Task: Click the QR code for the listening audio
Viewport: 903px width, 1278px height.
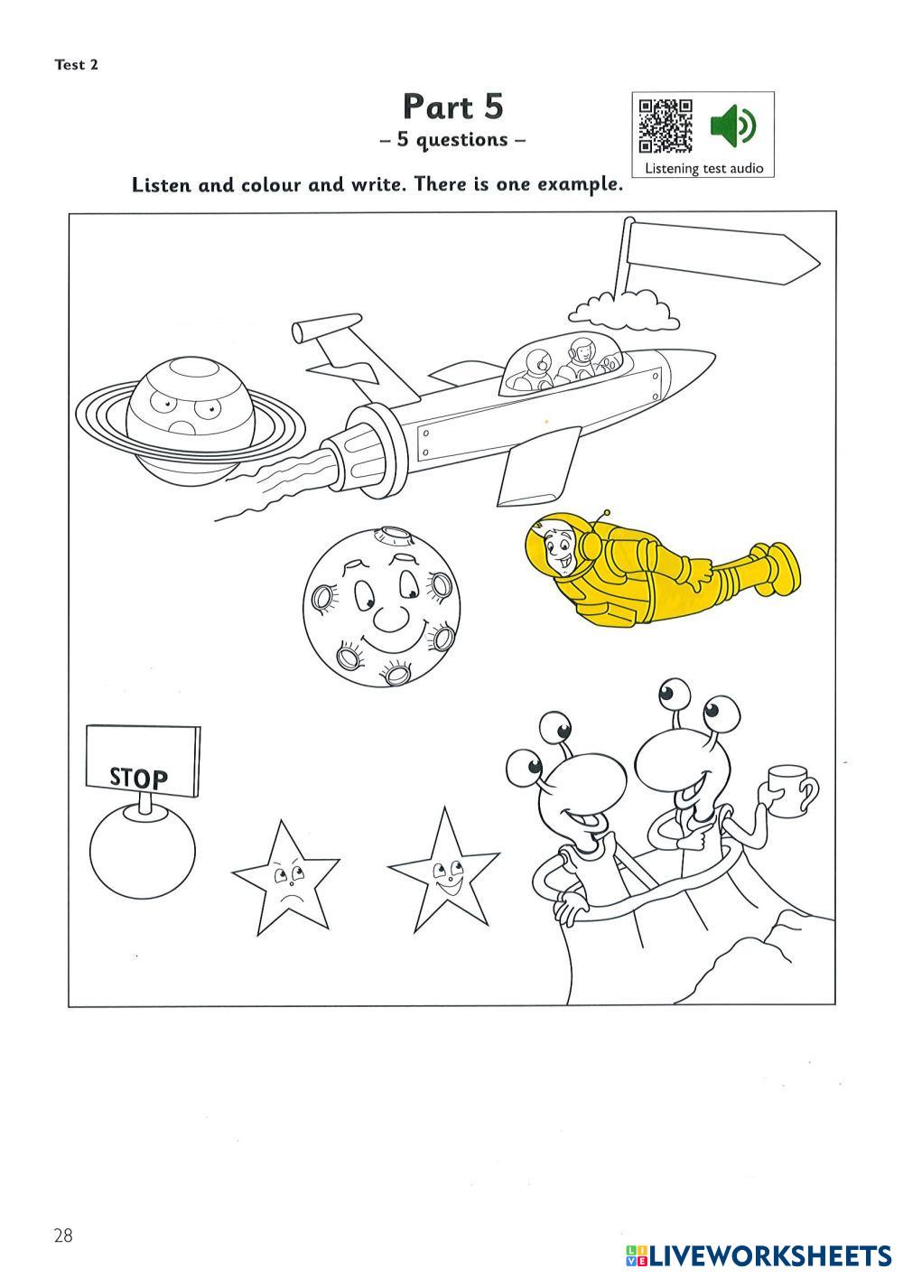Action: (x=666, y=125)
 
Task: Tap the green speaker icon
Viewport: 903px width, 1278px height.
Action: (x=732, y=125)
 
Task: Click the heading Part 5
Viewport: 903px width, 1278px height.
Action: (x=452, y=107)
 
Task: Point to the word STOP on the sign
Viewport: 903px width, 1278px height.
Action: (x=139, y=777)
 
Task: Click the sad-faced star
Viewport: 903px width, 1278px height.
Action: (x=284, y=879)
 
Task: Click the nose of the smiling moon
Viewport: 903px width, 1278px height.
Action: (x=391, y=619)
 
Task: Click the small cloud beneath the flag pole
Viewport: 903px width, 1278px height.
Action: (x=625, y=310)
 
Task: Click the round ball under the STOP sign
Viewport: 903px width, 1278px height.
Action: (x=142, y=852)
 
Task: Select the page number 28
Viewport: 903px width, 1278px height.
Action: (x=62, y=1236)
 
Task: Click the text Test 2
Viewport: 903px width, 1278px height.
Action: (x=76, y=64)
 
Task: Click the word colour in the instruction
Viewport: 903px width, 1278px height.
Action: (x=271, y=185)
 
